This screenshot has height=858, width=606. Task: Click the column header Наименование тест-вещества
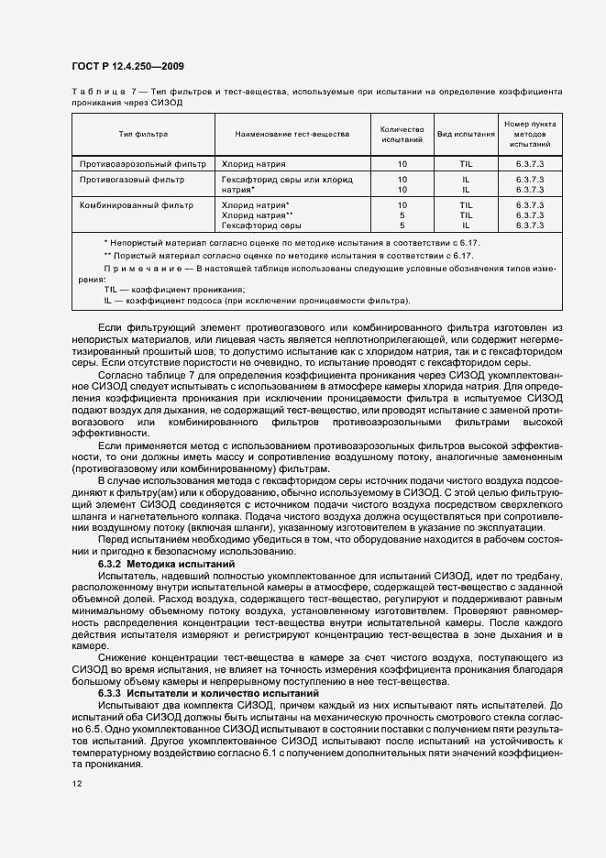292,134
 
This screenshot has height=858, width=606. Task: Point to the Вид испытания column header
466,134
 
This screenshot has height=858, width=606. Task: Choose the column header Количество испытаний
402,134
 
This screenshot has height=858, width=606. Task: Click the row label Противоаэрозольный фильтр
136,163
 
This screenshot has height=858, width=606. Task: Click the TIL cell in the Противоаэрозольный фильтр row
466,163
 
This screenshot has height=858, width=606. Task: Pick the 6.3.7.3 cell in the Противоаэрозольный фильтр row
530,163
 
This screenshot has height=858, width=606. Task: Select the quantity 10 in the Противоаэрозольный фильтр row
402,163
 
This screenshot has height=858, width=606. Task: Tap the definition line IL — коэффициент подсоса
257,300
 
